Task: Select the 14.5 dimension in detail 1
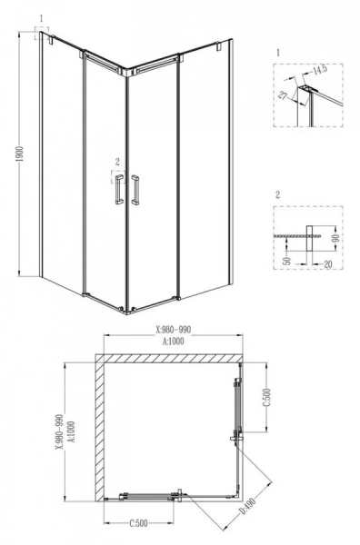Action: [317, 69]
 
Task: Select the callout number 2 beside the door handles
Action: [116, 162]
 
